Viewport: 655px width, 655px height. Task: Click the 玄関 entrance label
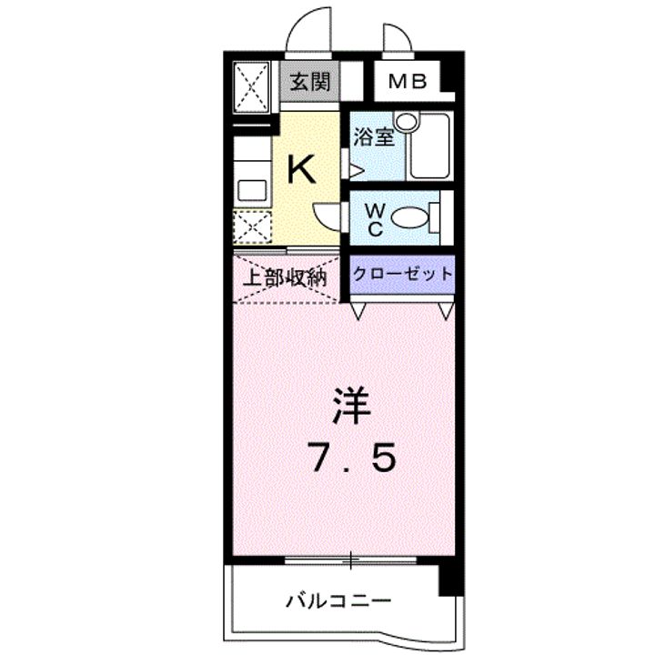tap(310, 82)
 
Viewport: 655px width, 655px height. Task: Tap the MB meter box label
tap(408, 82)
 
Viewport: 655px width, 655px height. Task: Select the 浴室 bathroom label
tap(374, 136)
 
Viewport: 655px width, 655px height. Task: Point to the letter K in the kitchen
tap(302, 168)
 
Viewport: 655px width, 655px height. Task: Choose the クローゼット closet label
tap(403, 274)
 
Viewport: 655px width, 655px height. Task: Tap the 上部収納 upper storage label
tap(285, 277)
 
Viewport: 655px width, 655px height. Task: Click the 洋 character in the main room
tap(352, 406)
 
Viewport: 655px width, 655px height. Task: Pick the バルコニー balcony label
tap(338, 601)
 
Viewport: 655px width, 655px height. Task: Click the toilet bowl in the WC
tap(410, 218)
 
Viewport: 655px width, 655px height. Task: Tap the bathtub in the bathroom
tap(429, 146)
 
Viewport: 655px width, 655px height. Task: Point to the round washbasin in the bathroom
tap(407, 122)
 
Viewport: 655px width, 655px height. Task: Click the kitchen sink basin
tap(252, 190)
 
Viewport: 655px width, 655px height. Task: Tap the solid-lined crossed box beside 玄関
tap(251, 87)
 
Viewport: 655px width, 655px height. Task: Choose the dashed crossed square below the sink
tap(252, 227)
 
